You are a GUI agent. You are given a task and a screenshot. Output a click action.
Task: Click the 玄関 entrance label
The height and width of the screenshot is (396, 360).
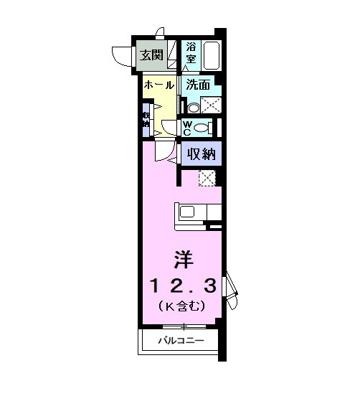click(151, 55)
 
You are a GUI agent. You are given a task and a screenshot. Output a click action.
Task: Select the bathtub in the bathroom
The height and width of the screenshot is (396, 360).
click(212, 55)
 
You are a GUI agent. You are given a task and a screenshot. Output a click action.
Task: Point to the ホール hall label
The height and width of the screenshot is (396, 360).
click(159, 85)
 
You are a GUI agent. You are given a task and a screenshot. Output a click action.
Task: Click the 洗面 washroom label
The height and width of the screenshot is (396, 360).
click(198, 85)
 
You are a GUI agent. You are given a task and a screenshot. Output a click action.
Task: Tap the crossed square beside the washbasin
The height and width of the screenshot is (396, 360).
click(210, 105)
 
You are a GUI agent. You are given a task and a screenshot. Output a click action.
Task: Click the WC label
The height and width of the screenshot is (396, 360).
click(186, 128)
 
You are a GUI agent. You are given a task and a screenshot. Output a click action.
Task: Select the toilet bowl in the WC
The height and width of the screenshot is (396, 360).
click(203, 128)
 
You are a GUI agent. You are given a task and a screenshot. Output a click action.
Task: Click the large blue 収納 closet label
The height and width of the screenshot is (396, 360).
click(201, 153)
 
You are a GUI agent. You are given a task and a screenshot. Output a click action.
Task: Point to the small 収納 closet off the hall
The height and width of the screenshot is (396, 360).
click(146, 119)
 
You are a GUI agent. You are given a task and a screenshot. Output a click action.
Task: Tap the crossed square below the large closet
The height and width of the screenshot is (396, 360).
click(207, 179)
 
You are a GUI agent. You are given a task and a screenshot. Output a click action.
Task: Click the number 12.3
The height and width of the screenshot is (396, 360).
click(182, 286)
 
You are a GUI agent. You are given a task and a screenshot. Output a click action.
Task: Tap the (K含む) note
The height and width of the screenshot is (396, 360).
click(182, 306)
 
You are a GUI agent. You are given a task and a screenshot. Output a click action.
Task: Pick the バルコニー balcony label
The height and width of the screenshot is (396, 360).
click(182, 341)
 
